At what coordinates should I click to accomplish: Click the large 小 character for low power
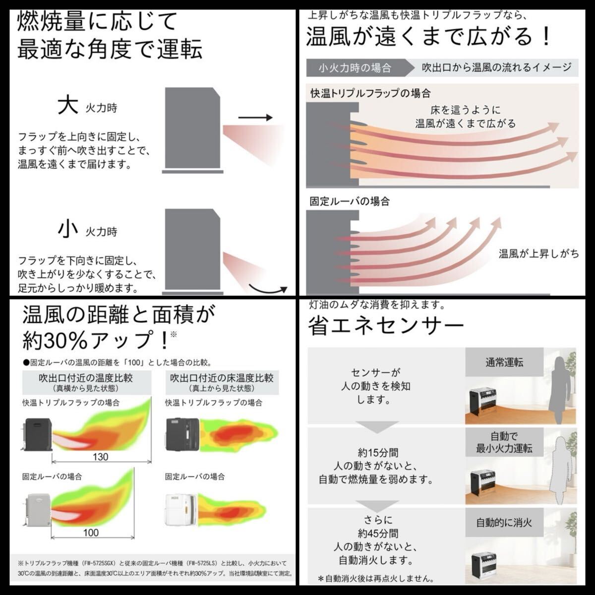click(x=68, y=229)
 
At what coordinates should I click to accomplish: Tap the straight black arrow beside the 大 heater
click(x=255, y=118)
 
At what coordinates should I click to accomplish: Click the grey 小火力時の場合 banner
click(x=355, y=67)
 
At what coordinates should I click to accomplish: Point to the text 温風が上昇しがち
click(x=538, y=254)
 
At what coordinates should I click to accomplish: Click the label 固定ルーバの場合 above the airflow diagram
click(x=350, y=201)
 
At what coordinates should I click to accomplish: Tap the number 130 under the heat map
click(x=100, y=457)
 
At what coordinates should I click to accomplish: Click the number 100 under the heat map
click(x=91, y=533)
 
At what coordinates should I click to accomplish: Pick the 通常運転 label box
click(x=504, y=362)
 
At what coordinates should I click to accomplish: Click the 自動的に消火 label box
click(x=504, y=522)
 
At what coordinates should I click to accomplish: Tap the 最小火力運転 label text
click(x=504, y=448)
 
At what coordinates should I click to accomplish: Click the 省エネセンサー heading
click(x=386, y=326)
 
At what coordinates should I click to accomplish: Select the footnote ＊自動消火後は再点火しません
click(x=376, y=578)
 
